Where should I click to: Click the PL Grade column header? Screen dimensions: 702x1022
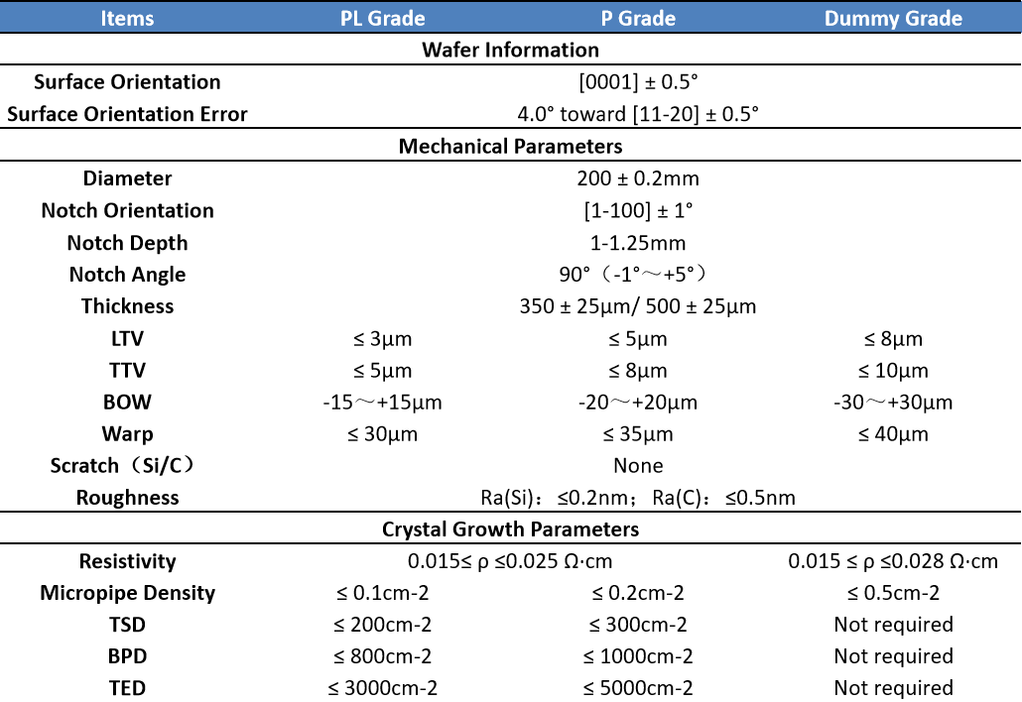pyautogui.click(x=382, y=18)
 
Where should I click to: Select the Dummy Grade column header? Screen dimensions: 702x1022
pyautogui.click(x=893, y=18)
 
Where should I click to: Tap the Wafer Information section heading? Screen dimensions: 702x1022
pyautogui.click(x=510, y=50)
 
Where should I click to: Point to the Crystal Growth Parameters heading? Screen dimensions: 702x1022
pyautogui.click(x=510, y=529)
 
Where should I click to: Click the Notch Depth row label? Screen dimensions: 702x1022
pyautogui.click(x=127, y=243)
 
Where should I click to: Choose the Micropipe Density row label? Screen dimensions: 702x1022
pyautogui.click(x=127, y=593)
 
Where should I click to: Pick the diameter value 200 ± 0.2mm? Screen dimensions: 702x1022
pyautogui.click(x=637, y=178)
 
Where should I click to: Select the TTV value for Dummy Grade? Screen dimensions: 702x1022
pyautogui.click(x=893, y=371)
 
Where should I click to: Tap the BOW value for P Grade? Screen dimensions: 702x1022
pyautogui.click(x=637, y=403)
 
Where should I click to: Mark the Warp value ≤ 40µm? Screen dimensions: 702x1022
pyautogui.click(x=893, y=434)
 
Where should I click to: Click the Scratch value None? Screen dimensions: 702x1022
pyautogui.click(x=638, y=465)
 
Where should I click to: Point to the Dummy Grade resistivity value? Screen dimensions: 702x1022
pyautogui.click(x=893, y=561)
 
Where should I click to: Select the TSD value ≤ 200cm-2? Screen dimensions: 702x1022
pyautogui.click(x=383, y=625)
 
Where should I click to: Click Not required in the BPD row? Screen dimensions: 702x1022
pyautogui.click(x=893, y=656)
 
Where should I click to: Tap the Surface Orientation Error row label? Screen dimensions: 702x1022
pyautogui.click(x=127, y=114)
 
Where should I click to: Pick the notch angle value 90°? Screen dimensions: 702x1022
pyautogui.click(x=637, y=275)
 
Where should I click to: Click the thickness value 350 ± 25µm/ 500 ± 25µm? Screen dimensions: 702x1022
pyautogui.click(x=637, y=306)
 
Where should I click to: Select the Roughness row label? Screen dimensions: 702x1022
pyautogui.click(x=127, y=498)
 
